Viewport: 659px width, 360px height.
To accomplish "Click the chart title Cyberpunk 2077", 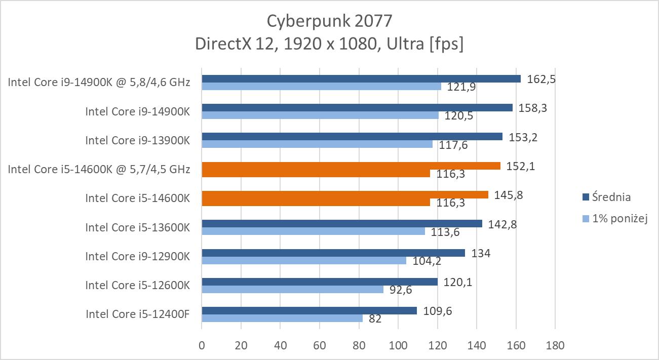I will click(329, 21).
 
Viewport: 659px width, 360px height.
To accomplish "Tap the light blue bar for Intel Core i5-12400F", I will click(282, 318).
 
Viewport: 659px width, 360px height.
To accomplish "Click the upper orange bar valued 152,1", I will click(351, 166).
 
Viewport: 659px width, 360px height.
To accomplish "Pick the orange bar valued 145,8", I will click(344, 194).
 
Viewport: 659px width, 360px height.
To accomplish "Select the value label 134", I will click(481, 253).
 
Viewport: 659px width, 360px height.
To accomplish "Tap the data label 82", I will click(375, 319).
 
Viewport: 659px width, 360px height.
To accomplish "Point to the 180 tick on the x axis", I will click(555, 346).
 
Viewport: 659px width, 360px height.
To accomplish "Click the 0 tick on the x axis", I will click(202, 346).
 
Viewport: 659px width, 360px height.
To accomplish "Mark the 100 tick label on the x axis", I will click(398, 346).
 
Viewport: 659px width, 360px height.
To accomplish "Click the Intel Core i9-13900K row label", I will click(137, 140).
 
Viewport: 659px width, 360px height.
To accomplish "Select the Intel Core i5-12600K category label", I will click(137, 285).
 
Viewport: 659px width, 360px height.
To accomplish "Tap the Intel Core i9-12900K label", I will click(137, 256).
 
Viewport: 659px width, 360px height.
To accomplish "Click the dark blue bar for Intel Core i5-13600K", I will click(341, 223).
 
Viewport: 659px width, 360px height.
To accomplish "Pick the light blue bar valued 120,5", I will click(320, 115).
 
